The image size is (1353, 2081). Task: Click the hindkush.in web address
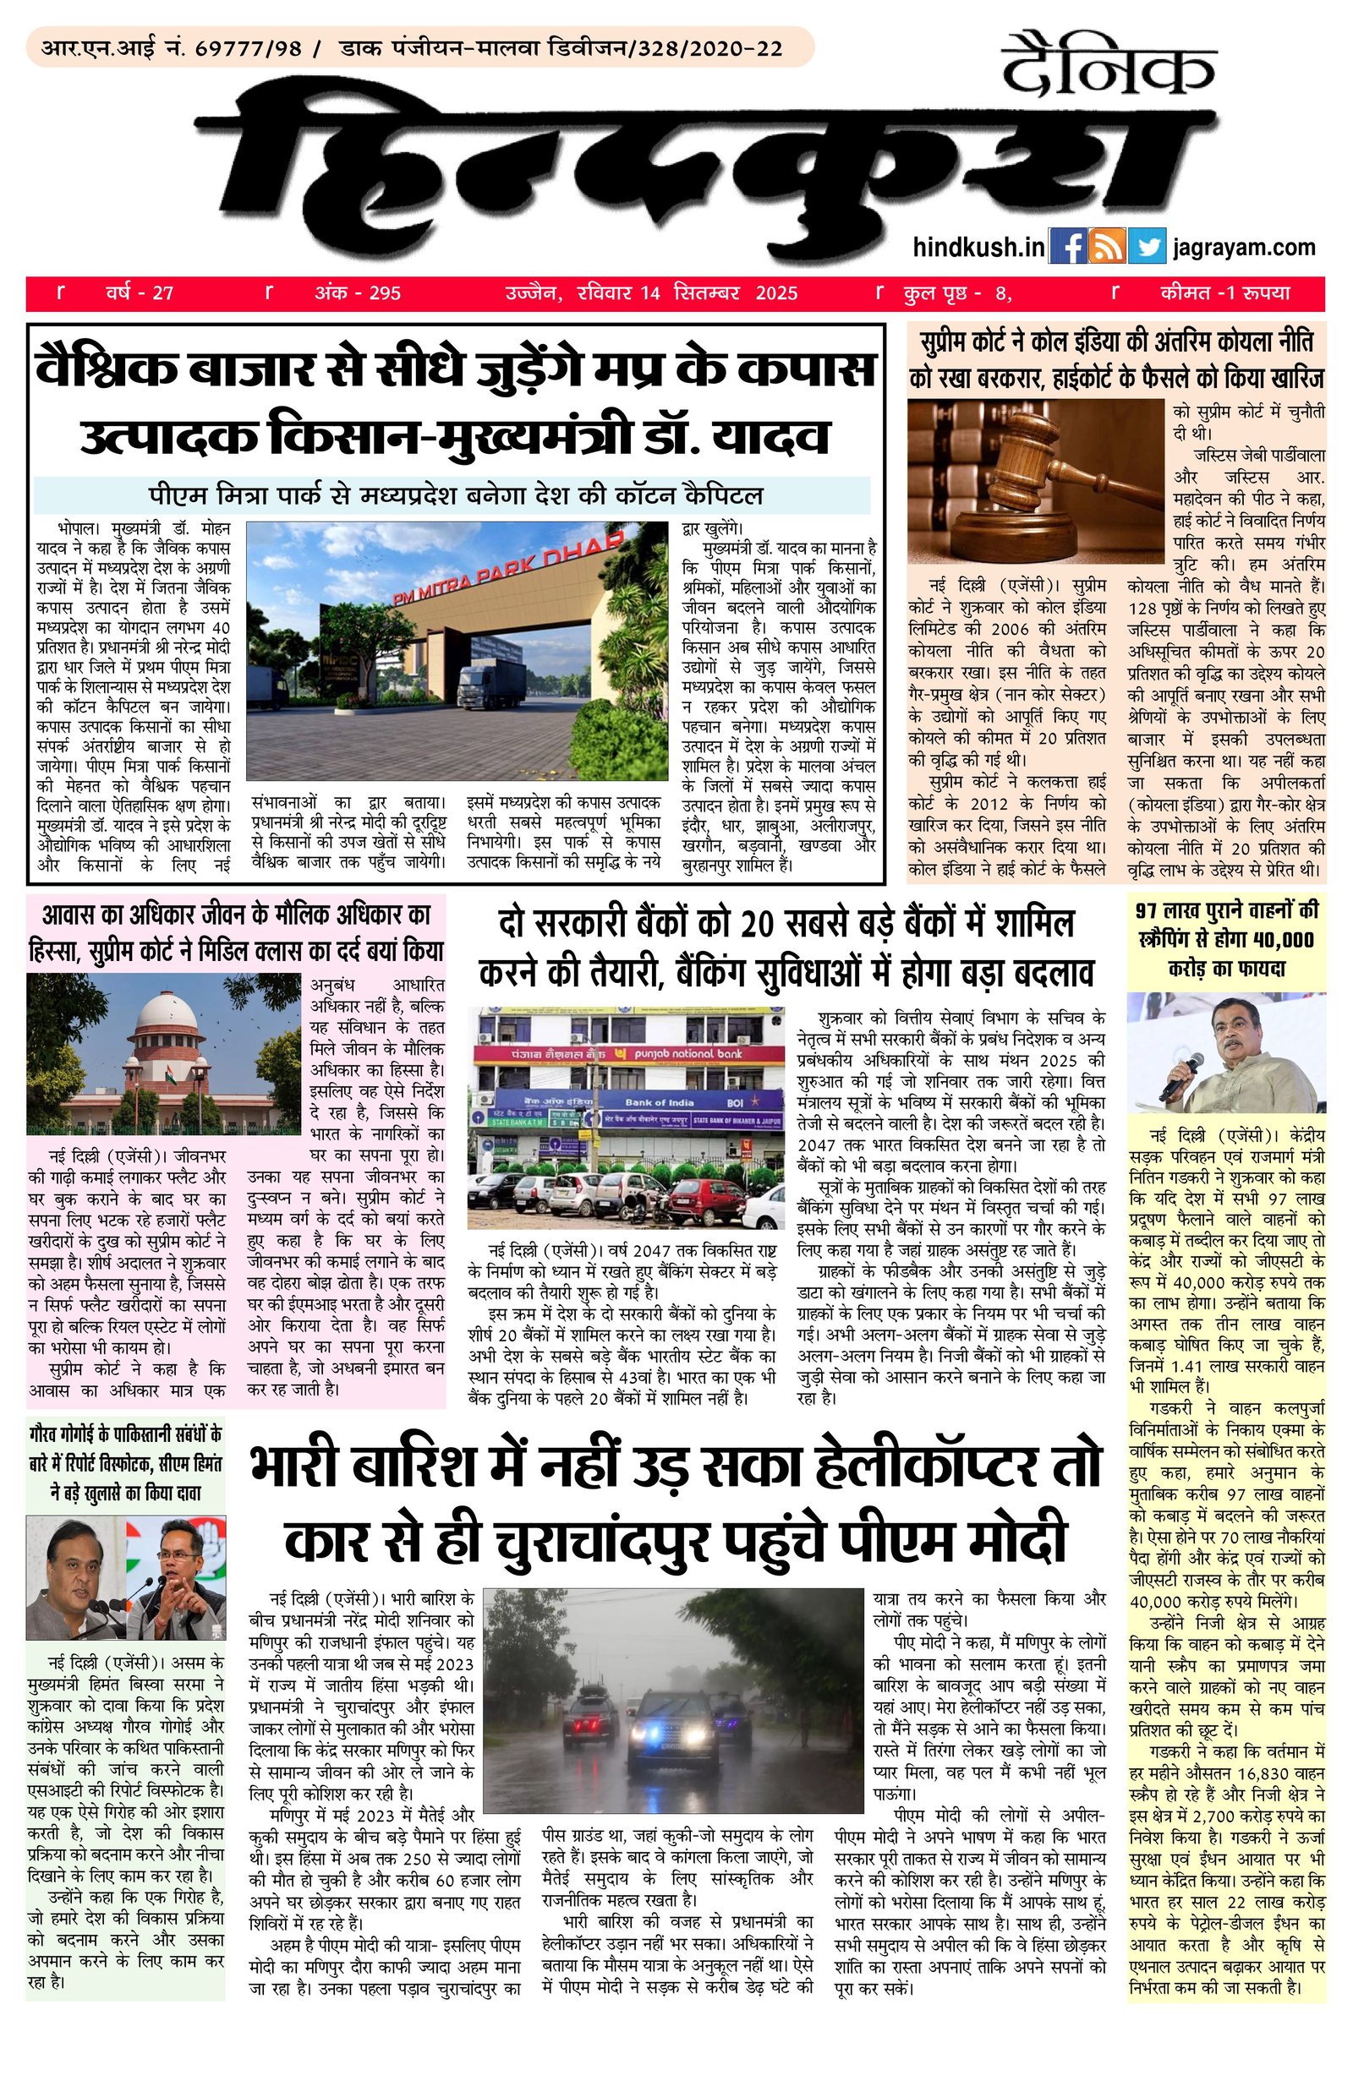(x=978, y=248)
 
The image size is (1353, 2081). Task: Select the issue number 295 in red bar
(x=384, y=293)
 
